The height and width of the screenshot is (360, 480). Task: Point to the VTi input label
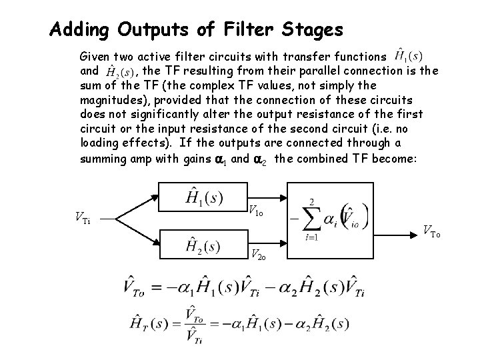[82, 218]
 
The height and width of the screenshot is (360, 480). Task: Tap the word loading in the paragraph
[99, 142]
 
